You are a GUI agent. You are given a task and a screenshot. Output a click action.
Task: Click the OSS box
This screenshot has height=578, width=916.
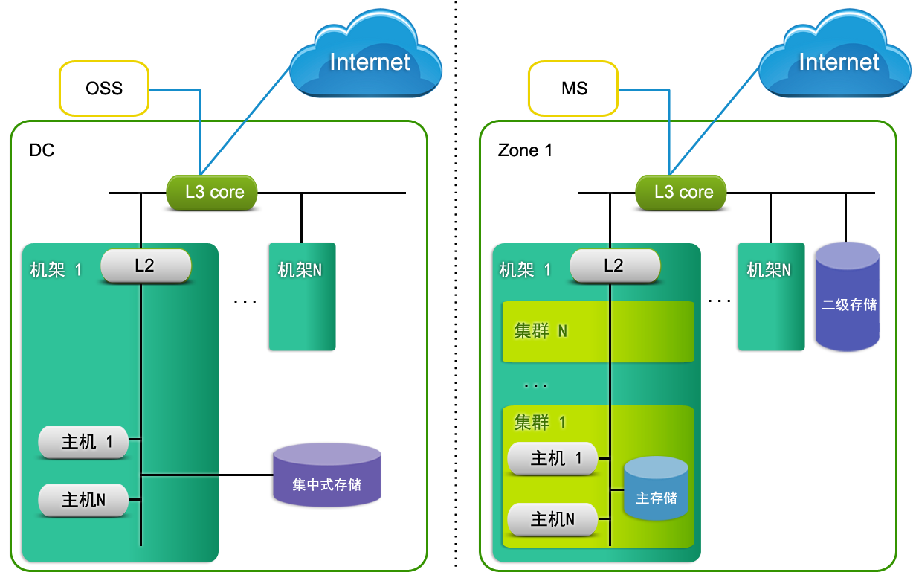[104, 89]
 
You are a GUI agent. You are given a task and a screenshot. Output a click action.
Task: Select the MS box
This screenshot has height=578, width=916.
[573, 89]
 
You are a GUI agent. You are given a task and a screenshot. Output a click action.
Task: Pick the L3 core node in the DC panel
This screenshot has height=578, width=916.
[213, 193]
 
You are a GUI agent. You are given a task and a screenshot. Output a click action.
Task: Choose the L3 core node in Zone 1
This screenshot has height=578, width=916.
[683, 193]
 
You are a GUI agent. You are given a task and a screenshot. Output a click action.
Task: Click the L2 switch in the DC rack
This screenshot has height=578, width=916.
[146, 266]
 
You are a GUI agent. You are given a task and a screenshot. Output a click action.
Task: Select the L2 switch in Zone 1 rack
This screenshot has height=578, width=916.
[614, 266]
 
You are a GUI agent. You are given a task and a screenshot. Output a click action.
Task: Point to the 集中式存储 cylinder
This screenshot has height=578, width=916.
[327, 476]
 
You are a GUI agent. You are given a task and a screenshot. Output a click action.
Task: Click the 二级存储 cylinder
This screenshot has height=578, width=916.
[848, 298]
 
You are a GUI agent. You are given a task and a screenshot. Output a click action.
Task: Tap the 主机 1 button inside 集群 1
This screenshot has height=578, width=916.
[552, 458]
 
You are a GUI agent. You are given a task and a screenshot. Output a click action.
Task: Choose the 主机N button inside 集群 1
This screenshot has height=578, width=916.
[552, 518]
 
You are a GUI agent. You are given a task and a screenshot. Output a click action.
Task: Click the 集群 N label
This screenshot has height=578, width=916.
[541, 331]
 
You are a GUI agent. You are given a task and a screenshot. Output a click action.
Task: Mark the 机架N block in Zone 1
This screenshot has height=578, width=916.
[770, 298]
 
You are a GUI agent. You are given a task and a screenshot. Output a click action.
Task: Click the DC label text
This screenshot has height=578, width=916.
[42, 150]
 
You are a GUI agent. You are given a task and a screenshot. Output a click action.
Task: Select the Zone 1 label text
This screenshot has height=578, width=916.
[525, 150]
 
